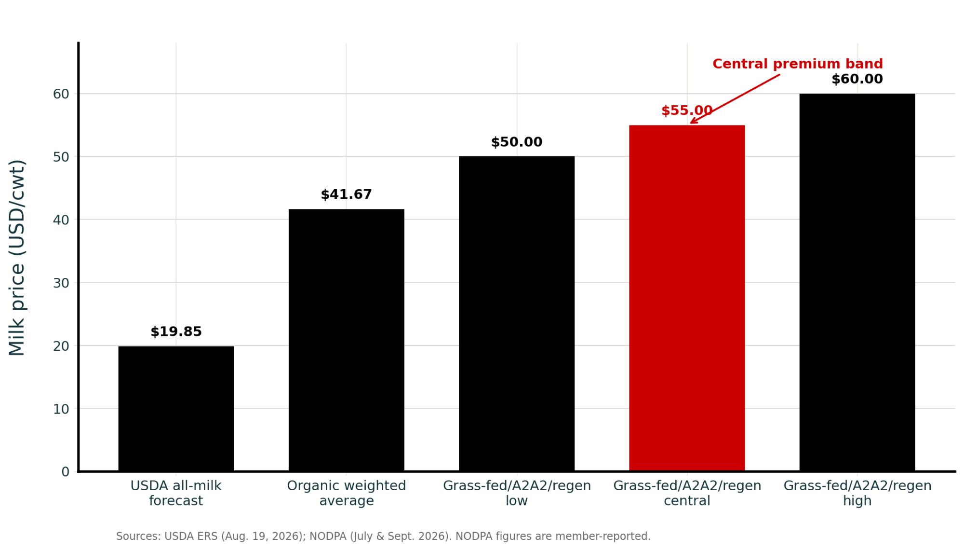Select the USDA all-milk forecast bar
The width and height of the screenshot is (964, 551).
[176, 409]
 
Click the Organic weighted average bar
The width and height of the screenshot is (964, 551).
[347, 340]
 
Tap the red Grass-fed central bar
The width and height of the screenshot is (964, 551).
[687, 298]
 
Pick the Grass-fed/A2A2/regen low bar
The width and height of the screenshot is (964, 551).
[517, 314]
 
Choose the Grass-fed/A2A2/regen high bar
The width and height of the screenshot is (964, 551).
[857, 282]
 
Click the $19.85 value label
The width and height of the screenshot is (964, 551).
[176, 332]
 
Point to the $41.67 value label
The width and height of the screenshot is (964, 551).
[347, 195]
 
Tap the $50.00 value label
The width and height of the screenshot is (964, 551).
[517, 142]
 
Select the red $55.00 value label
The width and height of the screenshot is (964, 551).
[687, 111]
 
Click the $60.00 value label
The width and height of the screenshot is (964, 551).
[857, 79]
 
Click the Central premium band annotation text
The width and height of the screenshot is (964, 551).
[798, 64]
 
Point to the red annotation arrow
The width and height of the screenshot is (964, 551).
[735, 99]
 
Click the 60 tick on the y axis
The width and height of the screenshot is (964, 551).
[61, 94]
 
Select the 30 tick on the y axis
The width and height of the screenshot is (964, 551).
[61, 283]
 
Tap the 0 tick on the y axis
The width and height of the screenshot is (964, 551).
[66, 472]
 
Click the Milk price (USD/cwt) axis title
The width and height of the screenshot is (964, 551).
[17, 258]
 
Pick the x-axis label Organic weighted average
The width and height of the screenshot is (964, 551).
[347, 493]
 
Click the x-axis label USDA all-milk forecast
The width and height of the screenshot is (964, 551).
[176, 493]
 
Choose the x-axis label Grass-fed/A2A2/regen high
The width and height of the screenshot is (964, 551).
[857, 493]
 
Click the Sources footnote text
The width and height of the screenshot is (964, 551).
[383, 537]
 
